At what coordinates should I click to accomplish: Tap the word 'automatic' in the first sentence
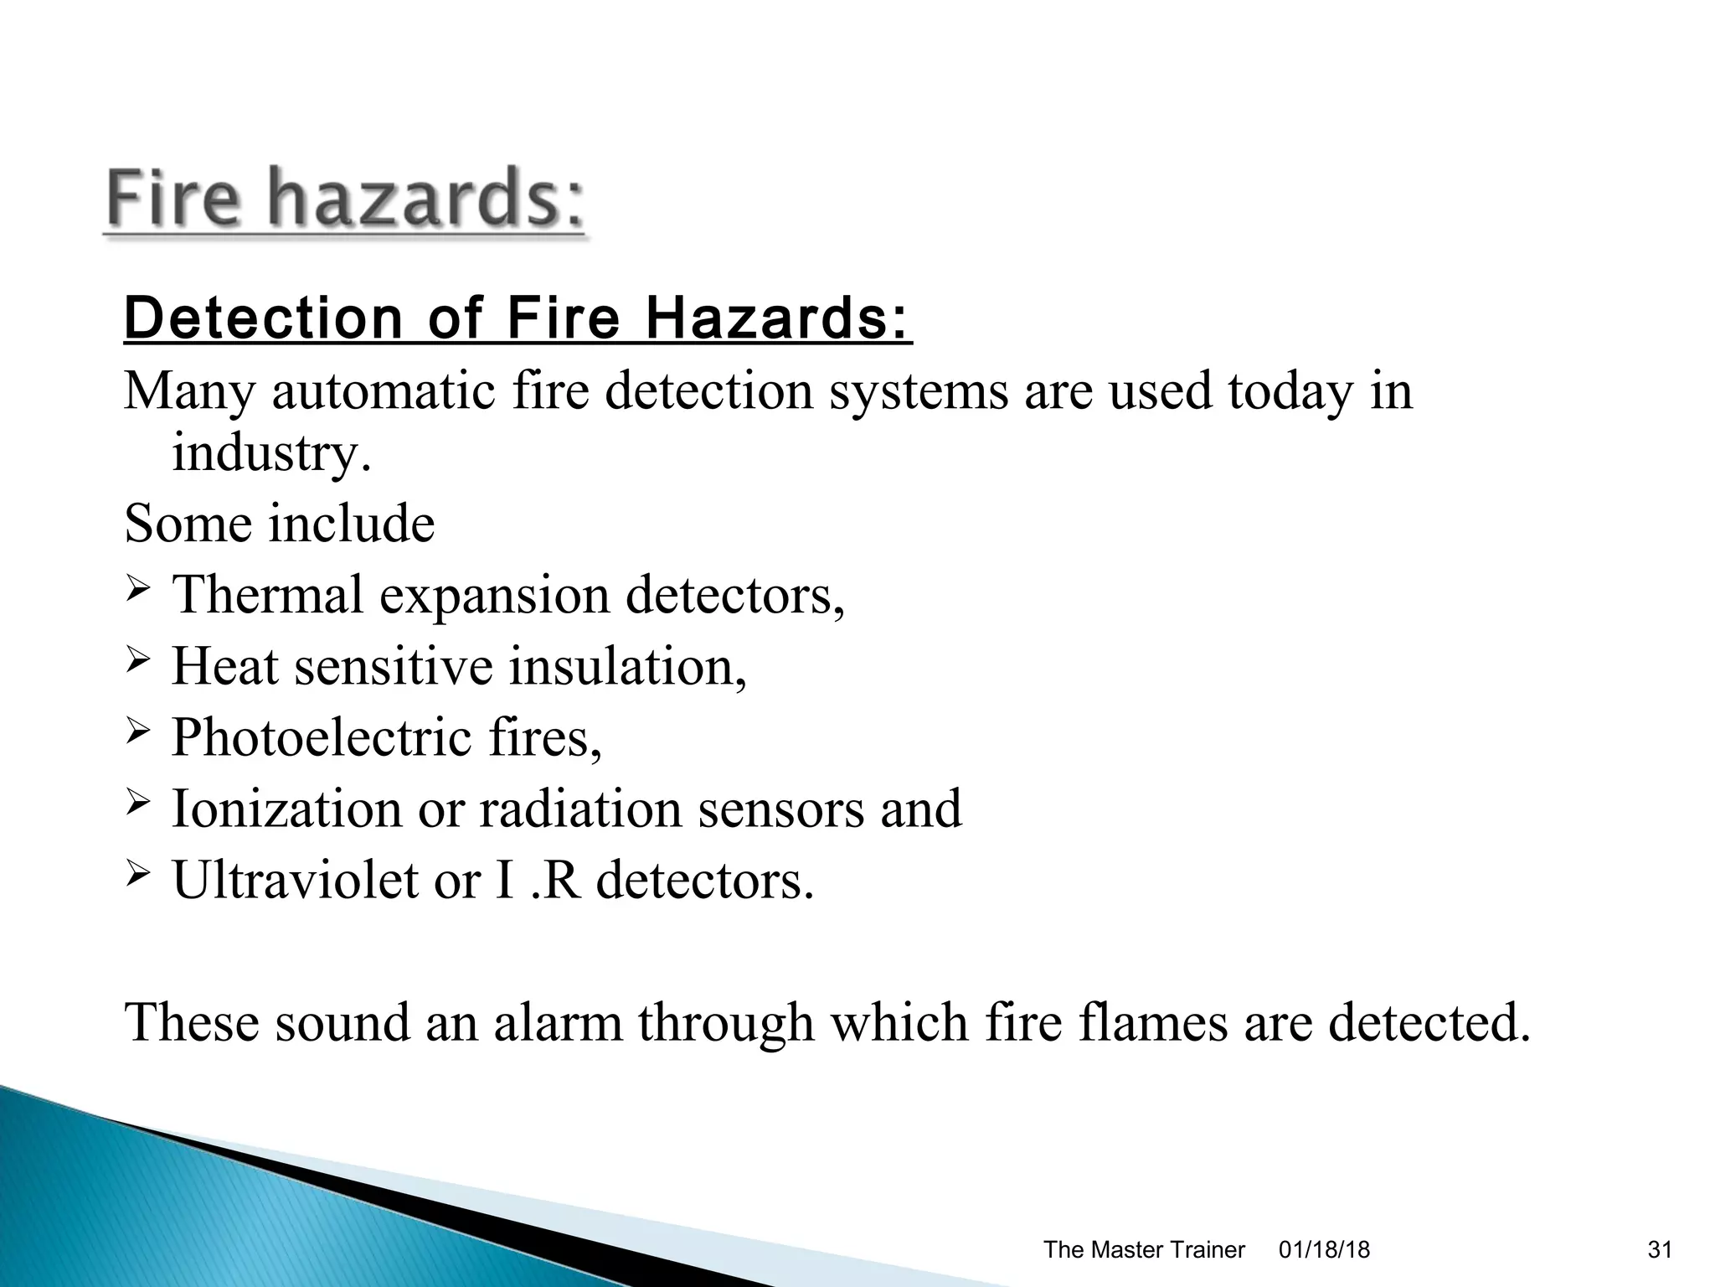click(384, 391)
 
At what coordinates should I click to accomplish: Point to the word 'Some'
click(188, 524)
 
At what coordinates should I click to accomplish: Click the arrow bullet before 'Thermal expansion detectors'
click(138, 594)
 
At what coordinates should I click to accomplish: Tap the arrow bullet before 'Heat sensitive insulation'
click(138, 665)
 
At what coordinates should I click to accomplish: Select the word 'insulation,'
click(627, 666)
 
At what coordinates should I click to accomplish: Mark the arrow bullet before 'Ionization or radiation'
click(138, 807)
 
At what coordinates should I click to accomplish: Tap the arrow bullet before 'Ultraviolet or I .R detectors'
click(138, 878)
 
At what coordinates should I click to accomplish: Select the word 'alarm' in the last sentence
click(558, 1022)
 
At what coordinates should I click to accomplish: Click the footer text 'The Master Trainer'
click(1144, 1250)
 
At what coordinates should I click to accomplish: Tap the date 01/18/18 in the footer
click(1325, 1250)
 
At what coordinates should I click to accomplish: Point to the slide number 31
click(1660, 1250)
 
